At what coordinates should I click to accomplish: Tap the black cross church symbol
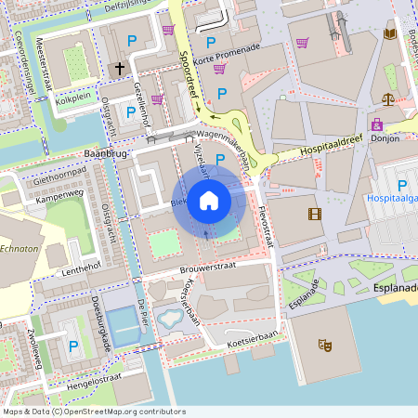click(120, 68)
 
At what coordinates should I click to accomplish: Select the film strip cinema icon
click(314, 214)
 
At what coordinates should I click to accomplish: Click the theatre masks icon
click(325, 345)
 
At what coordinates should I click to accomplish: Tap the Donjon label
click(385, 138)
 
